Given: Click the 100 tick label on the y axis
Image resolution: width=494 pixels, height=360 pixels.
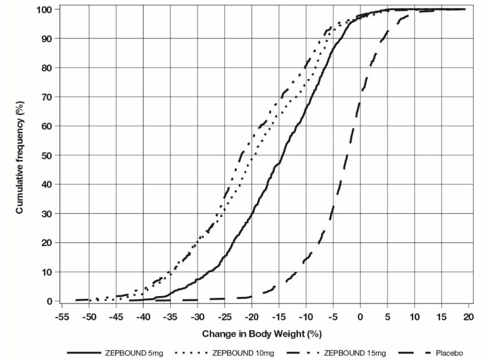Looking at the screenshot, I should [46, 9].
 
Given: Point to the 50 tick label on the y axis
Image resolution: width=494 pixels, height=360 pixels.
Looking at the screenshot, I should [48, 155].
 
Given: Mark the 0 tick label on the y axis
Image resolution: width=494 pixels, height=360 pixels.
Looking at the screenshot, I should [51, 301].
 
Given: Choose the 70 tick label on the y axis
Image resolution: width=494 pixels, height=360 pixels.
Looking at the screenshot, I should [48, 97].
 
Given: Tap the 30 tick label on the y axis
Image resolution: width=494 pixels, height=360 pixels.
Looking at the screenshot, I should [48, 213].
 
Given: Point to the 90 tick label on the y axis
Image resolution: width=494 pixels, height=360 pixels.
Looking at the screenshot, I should [48, 38].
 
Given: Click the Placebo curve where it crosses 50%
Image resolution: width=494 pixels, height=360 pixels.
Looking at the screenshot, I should [346, 155].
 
